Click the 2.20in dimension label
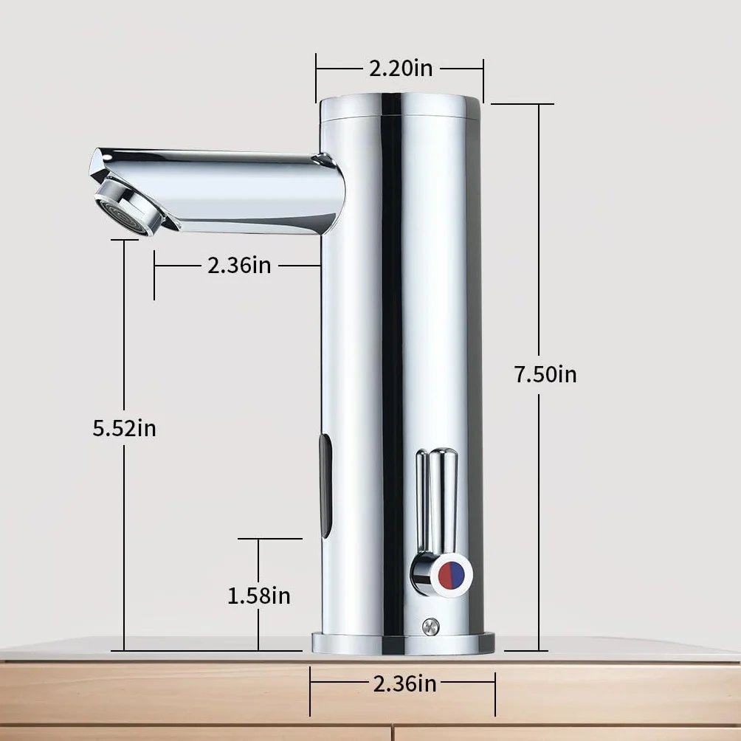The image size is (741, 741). click(x=401, y=68)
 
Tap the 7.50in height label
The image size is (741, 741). click(x=545, y=374)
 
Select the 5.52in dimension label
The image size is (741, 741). click(x=124, y=428)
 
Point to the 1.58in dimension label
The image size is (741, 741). click(x=259, y=596)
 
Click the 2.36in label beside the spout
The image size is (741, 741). click(x=240, y=265)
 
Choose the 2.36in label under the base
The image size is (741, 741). click(x=404, y=684)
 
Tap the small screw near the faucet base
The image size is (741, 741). click(x=430, y=627)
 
